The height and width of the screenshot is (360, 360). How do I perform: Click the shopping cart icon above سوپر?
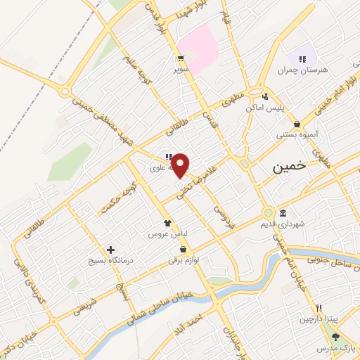(x=181, y=59)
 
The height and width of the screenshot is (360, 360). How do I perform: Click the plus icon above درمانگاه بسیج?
(x=110, y=250)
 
